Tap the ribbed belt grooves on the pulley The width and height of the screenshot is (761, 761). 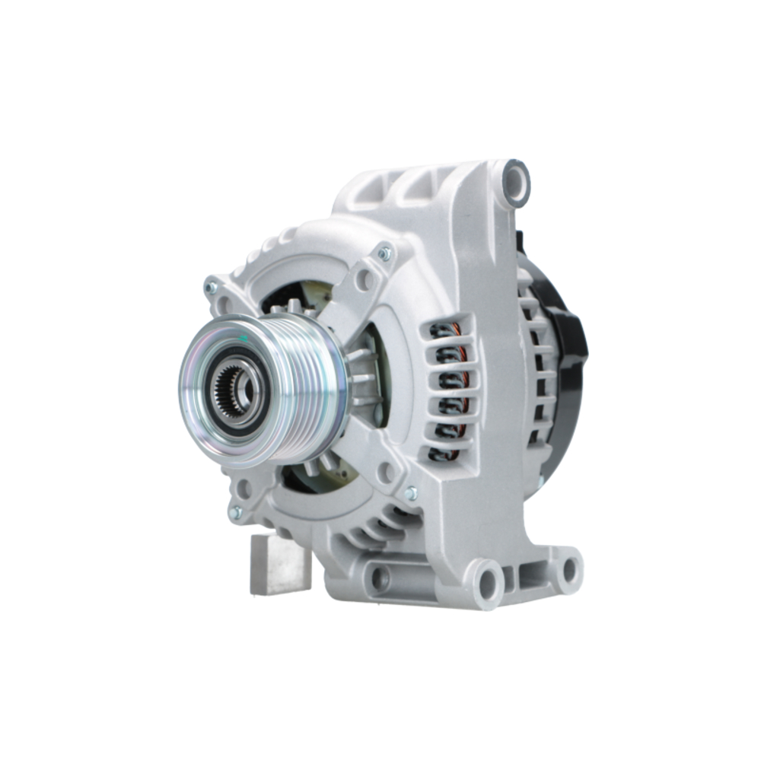click(x=304, y=388)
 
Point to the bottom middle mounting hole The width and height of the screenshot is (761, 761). click(x=487, y=582)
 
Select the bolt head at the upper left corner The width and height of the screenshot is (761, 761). click(x=212, y=288)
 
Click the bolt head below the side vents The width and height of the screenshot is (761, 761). click(x=411, y=493)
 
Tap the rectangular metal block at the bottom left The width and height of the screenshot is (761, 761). click(x=279, y=565)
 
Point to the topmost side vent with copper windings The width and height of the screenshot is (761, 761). click(x=445, y=331)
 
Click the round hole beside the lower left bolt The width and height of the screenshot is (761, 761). click(x=244, y=489)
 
